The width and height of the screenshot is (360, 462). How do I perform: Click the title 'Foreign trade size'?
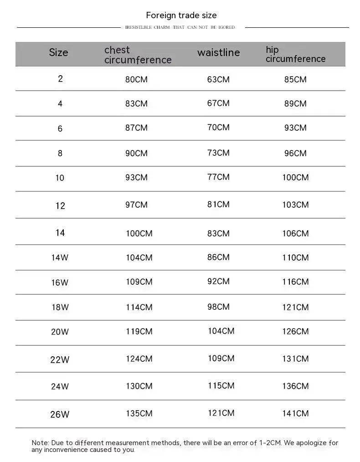(181, 15)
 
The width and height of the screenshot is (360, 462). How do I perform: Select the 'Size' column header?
(58, 52)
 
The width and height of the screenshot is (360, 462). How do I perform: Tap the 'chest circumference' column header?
(138, 55)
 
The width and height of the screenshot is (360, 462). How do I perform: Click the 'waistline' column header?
(218, 52)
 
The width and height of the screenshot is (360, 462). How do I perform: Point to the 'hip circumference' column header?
(295, 54)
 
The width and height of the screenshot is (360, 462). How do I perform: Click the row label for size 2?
(60, 78)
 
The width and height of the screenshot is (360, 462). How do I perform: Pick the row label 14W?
(60, 257)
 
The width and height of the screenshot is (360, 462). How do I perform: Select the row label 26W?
(60, 414)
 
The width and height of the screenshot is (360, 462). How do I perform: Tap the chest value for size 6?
(136, 128)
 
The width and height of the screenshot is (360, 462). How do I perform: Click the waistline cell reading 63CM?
(218, 79)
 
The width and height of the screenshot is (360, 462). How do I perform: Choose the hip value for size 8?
(295, 153)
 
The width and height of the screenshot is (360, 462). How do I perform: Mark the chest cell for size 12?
(136, 205)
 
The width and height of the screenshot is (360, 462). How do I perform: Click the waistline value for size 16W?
(218, 281)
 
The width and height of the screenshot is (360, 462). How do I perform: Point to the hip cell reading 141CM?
(295, 413)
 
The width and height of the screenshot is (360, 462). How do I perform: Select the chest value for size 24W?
(139, 386)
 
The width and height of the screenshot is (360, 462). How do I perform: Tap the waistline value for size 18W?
(218, 307)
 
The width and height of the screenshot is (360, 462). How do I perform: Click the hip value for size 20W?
(295, 331)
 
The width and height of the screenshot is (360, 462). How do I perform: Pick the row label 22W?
(60, 359)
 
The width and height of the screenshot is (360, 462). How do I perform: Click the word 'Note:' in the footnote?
(40, 442)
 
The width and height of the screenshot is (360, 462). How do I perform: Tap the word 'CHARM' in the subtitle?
(161, 27)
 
